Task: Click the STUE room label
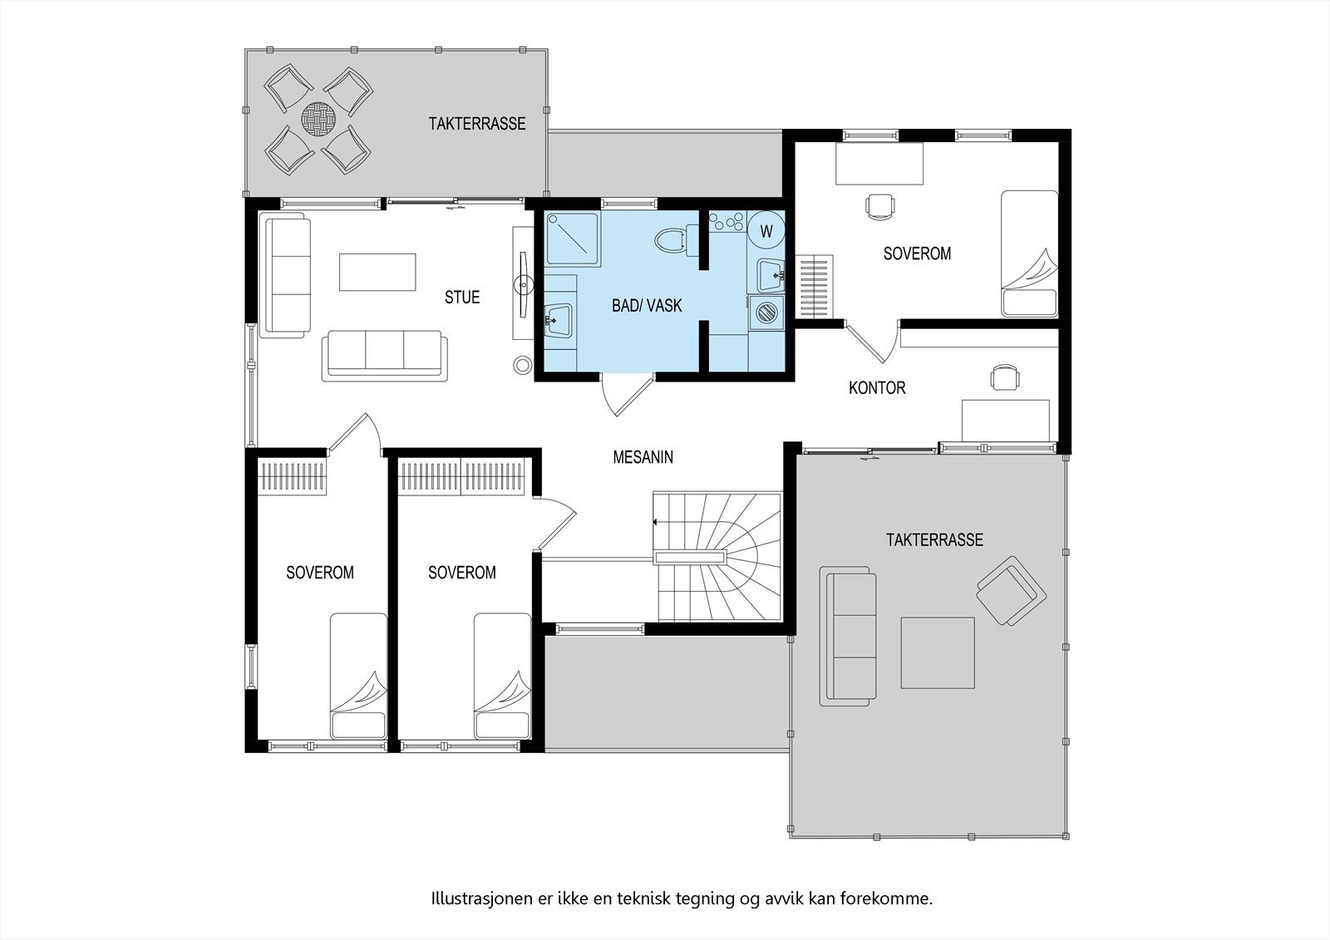coord(461,298)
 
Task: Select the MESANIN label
coord(643,457)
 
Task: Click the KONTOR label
coord(877,388)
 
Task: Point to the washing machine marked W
coord(766,230)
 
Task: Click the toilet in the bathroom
coord(672,241)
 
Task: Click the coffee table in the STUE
coord(377,272)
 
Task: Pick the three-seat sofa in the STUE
coord(384,355)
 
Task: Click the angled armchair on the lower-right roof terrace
coord(1010,590)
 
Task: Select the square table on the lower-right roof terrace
coord(938,652)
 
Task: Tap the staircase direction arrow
coord(657,522)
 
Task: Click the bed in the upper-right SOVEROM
coord(1028,253)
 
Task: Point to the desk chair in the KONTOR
coord(1004,378)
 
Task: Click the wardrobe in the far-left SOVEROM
coord(291,477)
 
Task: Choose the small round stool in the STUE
coord(522,365)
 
